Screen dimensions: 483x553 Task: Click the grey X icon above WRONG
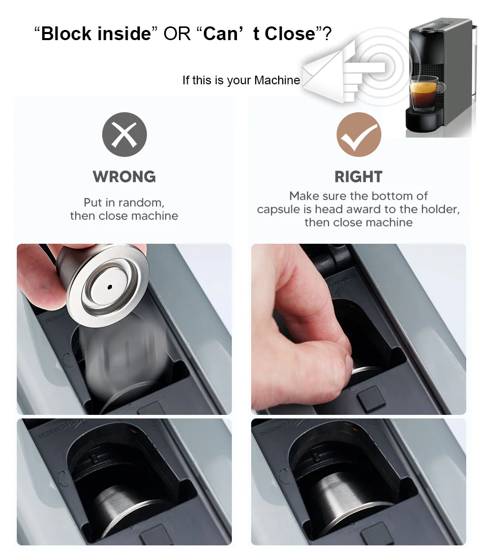pos(124,135)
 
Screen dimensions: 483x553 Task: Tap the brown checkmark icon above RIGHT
pos(359,135)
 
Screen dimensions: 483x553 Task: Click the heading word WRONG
pos(124,177)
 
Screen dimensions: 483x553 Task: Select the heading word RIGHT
pos(358,177)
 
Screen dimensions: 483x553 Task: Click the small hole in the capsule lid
pos(109,287)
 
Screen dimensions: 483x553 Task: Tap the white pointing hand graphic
pos(344,72)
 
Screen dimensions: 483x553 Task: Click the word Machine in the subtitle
pos(277,80)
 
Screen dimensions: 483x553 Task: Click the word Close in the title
pos(290,34)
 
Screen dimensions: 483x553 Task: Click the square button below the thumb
pos(371,399)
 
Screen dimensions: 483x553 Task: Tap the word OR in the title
pos(177,34)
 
